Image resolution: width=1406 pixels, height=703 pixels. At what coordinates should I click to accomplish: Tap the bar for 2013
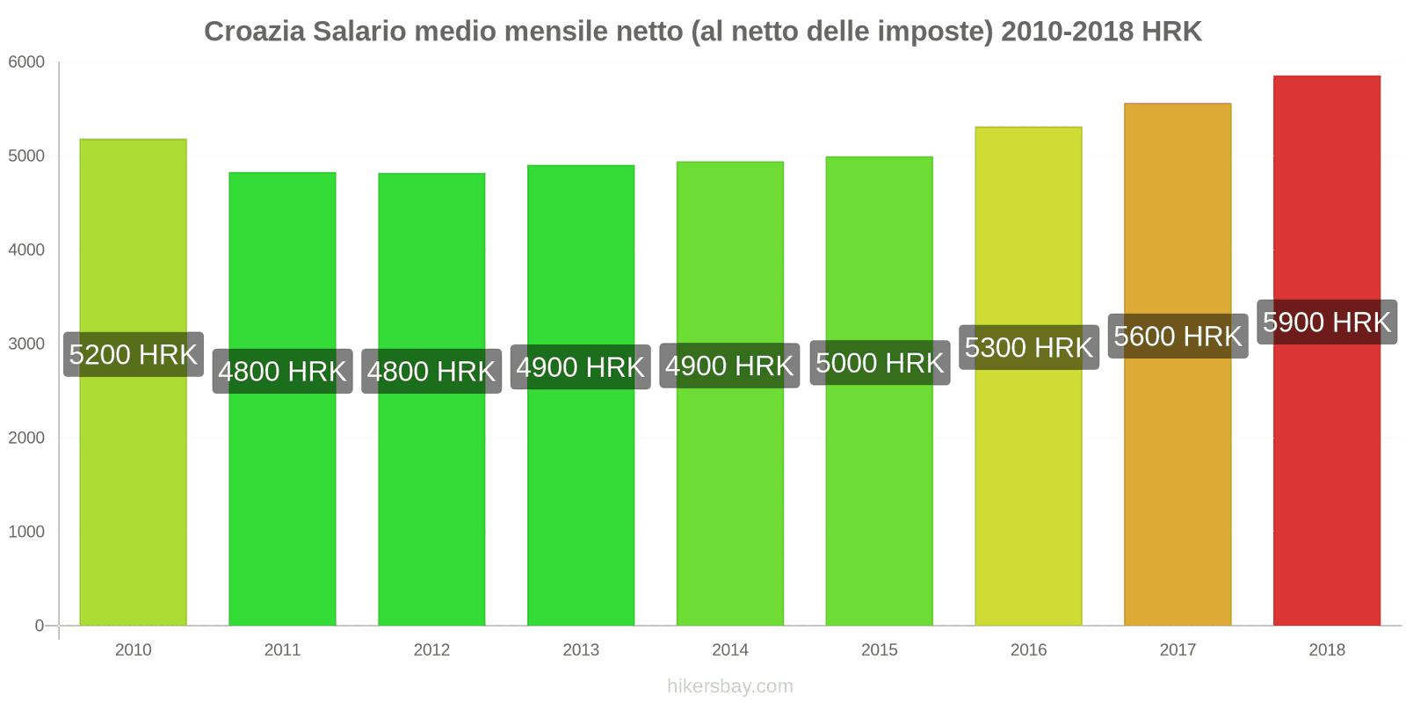pos(581,492)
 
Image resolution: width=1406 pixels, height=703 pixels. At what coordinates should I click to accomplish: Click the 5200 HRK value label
pos(134,355)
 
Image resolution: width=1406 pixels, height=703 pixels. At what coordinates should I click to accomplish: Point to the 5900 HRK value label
pos(1327,323)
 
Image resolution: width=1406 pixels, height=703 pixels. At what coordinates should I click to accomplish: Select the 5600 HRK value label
pos(1178,337)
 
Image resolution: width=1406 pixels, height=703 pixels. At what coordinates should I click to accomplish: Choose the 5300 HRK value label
pos(1029,348)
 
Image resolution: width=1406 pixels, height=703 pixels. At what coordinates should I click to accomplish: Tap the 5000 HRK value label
pos(880,363)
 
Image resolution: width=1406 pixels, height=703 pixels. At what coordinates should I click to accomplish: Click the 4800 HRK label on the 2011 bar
pos(282,372)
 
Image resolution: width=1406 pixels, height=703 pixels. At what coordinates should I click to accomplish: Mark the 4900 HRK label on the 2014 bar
pos(729,366)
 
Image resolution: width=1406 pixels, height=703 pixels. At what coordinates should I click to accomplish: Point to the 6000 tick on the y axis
pos(26,62)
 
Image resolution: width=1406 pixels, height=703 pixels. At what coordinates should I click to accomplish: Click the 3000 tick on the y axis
pos(26,344)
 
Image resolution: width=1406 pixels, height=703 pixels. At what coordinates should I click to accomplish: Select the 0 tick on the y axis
pos(39,626)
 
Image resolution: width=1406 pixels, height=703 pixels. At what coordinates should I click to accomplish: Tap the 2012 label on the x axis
pos(431,650)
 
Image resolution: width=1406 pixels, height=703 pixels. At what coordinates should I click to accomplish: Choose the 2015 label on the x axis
pos(880,650)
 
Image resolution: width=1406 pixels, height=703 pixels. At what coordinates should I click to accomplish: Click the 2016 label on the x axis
pos(1028,650)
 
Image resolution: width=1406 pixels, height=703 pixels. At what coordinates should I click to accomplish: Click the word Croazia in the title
pos(255,32)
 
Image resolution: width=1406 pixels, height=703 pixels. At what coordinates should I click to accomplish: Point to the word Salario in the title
pos(359,32)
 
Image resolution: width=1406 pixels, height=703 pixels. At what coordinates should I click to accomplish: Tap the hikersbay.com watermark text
pos(729,686)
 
